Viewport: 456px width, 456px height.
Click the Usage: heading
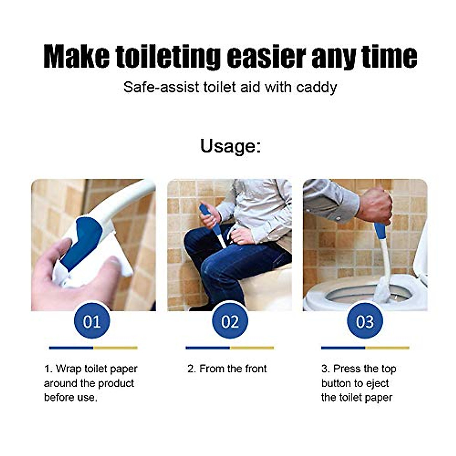(x=230, y=146)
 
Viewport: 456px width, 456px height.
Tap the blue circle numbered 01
(x=92, y=321)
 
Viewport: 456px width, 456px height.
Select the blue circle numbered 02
(x=230, y=321)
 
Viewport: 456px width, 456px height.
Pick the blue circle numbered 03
(x=365, y=321)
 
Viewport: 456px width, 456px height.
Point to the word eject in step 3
(x=377, y=383)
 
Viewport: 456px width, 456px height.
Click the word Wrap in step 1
(x=68, y=369)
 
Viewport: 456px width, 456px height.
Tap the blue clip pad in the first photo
(x=82, y=241)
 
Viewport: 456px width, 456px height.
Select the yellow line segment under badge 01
(x=116, y=348)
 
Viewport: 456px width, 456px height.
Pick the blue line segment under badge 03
(x=343, y=348)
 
